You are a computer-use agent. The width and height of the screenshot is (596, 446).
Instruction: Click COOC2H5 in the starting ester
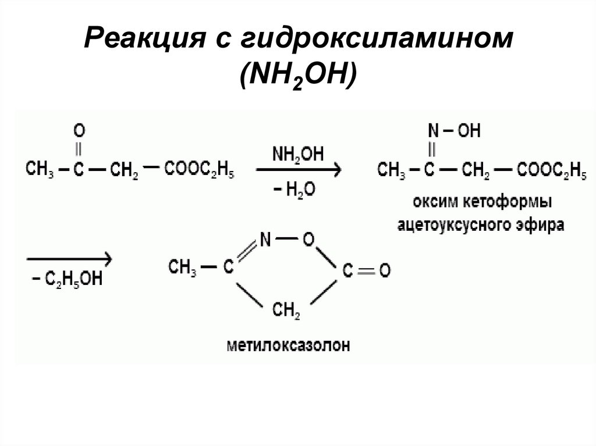(x=200, y=170)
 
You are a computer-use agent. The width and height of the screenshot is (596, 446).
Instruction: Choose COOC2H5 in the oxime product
(x=551, y=170)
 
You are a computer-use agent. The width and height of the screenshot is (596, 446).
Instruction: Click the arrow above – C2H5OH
(x=68, y=258)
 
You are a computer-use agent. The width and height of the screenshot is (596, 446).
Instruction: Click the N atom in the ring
(x=266, y=238)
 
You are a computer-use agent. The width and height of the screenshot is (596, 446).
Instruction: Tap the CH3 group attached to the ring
(x=182, y=267)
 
